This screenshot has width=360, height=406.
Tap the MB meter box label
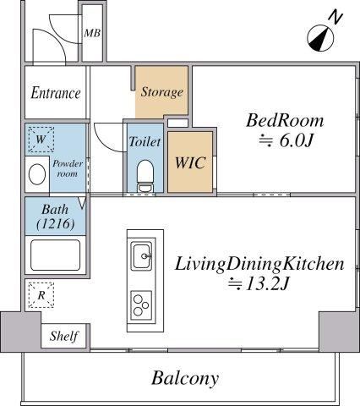[x=92, y=33]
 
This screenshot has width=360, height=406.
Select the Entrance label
[x=56, y=93]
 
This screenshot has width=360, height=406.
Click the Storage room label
[x=161, y=92]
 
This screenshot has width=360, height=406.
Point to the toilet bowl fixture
[x=145, y=176]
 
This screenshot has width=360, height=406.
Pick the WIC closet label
[x=190, y=162]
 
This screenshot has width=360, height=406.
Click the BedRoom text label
[x=285, y=120]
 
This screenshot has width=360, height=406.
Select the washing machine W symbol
[x=41, y=140]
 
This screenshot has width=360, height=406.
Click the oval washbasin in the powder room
[x=37, y=174]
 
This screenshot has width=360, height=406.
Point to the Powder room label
[x=68, y=168]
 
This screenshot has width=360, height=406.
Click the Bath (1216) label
[x=56, y=217]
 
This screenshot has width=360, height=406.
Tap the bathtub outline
[x=55, y=255]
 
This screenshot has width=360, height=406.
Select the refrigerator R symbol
[x=41, y=295]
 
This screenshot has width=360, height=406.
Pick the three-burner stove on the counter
[x=141, y=305]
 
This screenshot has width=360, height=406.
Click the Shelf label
[x=64, y=336]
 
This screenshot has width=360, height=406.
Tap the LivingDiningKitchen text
[x=259, y=265]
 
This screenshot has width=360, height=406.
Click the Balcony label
[x=185, y=378]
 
